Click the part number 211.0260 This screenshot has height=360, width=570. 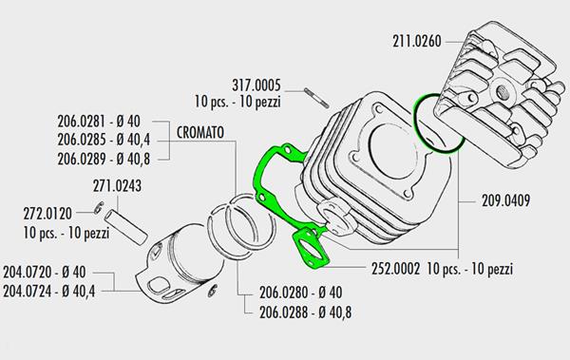[x=417, y=41]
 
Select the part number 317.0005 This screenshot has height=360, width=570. [x=256, y=85]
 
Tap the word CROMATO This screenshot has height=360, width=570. [x=200, y=133]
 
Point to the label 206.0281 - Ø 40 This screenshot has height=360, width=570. [x=99, y=121]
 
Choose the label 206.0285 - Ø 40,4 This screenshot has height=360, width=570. [x=104, y=140]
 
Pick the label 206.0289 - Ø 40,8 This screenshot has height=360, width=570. [x=104, y=159]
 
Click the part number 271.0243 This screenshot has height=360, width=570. [x=117, y=186]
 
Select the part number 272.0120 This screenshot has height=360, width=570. [x=47, y=214]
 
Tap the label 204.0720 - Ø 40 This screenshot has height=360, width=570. [x=45, y=272]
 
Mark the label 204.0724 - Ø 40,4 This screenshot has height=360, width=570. [x=49, y=291]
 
